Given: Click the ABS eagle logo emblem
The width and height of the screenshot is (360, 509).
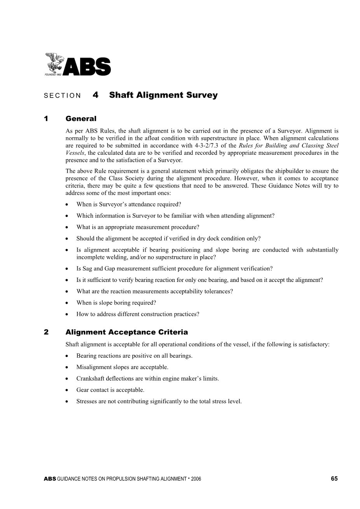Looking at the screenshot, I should [x=54, y=63].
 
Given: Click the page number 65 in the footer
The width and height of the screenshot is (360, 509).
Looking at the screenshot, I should [x=334, y=479].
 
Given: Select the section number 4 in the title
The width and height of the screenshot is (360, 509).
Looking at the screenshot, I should [x=96, y=95].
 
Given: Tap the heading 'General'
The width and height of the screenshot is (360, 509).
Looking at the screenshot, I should [x=81, y=119].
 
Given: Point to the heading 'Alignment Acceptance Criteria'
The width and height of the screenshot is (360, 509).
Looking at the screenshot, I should [x=126, y=332].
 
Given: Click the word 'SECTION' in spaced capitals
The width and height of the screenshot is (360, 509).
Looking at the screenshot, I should [x=62, y=96].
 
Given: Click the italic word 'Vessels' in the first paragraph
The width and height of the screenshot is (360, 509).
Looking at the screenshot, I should [x=75, y=153].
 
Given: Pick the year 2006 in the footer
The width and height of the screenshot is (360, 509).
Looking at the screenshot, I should [x=196, y=479].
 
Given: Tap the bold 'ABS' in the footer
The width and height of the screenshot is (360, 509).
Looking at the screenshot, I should [x=50, y=479].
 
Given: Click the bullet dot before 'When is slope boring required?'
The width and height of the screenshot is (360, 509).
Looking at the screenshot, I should [x=68, y=303].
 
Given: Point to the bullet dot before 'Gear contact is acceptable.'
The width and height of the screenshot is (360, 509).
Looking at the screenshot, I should [x=68, y=390].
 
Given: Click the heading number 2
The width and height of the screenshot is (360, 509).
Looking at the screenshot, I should [x=46, y=332].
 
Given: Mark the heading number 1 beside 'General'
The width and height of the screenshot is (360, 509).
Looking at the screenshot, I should [x=46, y=119].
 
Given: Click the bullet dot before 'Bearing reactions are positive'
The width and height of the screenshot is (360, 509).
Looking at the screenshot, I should [x=68, y=356].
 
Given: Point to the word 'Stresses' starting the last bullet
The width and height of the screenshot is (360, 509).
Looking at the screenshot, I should [x=86, y=401].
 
